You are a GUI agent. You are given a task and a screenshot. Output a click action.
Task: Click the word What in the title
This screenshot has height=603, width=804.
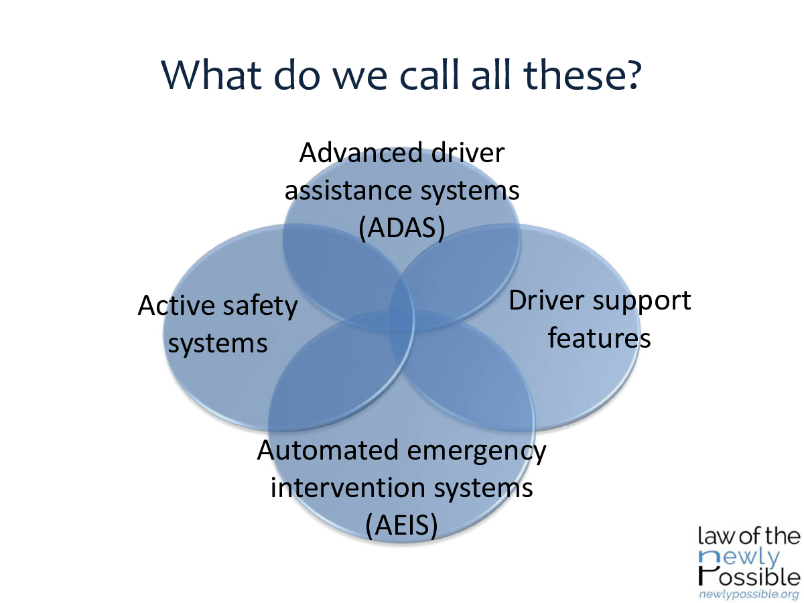click(211, 74)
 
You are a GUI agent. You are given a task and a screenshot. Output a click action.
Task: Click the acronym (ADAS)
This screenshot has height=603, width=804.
click(402, 228)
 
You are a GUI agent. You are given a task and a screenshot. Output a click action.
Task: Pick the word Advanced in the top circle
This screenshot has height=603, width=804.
click(360, 153)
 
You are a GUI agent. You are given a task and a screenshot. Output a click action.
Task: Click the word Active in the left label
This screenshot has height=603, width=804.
click(176, 306)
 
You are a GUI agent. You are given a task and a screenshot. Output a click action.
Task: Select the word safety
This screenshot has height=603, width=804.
click(261, 307)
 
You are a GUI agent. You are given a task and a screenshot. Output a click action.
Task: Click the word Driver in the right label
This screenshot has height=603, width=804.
click(547, 301)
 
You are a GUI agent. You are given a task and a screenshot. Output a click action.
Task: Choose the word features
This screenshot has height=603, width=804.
click(599, 338)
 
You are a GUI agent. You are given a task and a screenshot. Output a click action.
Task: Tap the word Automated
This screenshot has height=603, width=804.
click(328, 450)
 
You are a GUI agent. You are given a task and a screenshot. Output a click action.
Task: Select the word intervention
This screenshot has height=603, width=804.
click(348, 488)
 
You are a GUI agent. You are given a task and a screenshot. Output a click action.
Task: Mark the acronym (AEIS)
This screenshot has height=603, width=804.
click(401, 525)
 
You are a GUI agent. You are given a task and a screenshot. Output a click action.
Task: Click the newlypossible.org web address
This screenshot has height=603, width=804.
click(748, 594)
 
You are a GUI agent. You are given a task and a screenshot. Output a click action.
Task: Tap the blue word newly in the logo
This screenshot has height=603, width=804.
click(739, 558)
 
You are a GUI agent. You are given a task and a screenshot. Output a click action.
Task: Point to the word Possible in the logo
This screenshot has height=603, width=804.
click(748, 577)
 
